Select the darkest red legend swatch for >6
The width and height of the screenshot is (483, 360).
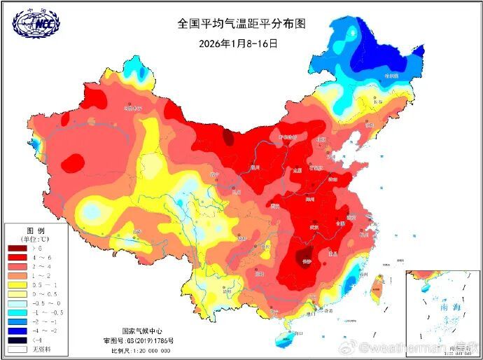click(17, 248)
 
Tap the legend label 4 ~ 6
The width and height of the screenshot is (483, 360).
click(39, 258)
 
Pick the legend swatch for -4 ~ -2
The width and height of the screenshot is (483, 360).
click(17, 329)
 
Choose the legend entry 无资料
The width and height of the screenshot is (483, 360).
click(39, 349)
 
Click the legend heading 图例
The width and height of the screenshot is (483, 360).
click(36, 230)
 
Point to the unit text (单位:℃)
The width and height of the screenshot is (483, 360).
click(36, 239)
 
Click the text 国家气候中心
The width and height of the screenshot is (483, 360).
click(143, 331)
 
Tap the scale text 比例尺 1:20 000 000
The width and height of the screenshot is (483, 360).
click(141, 348)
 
